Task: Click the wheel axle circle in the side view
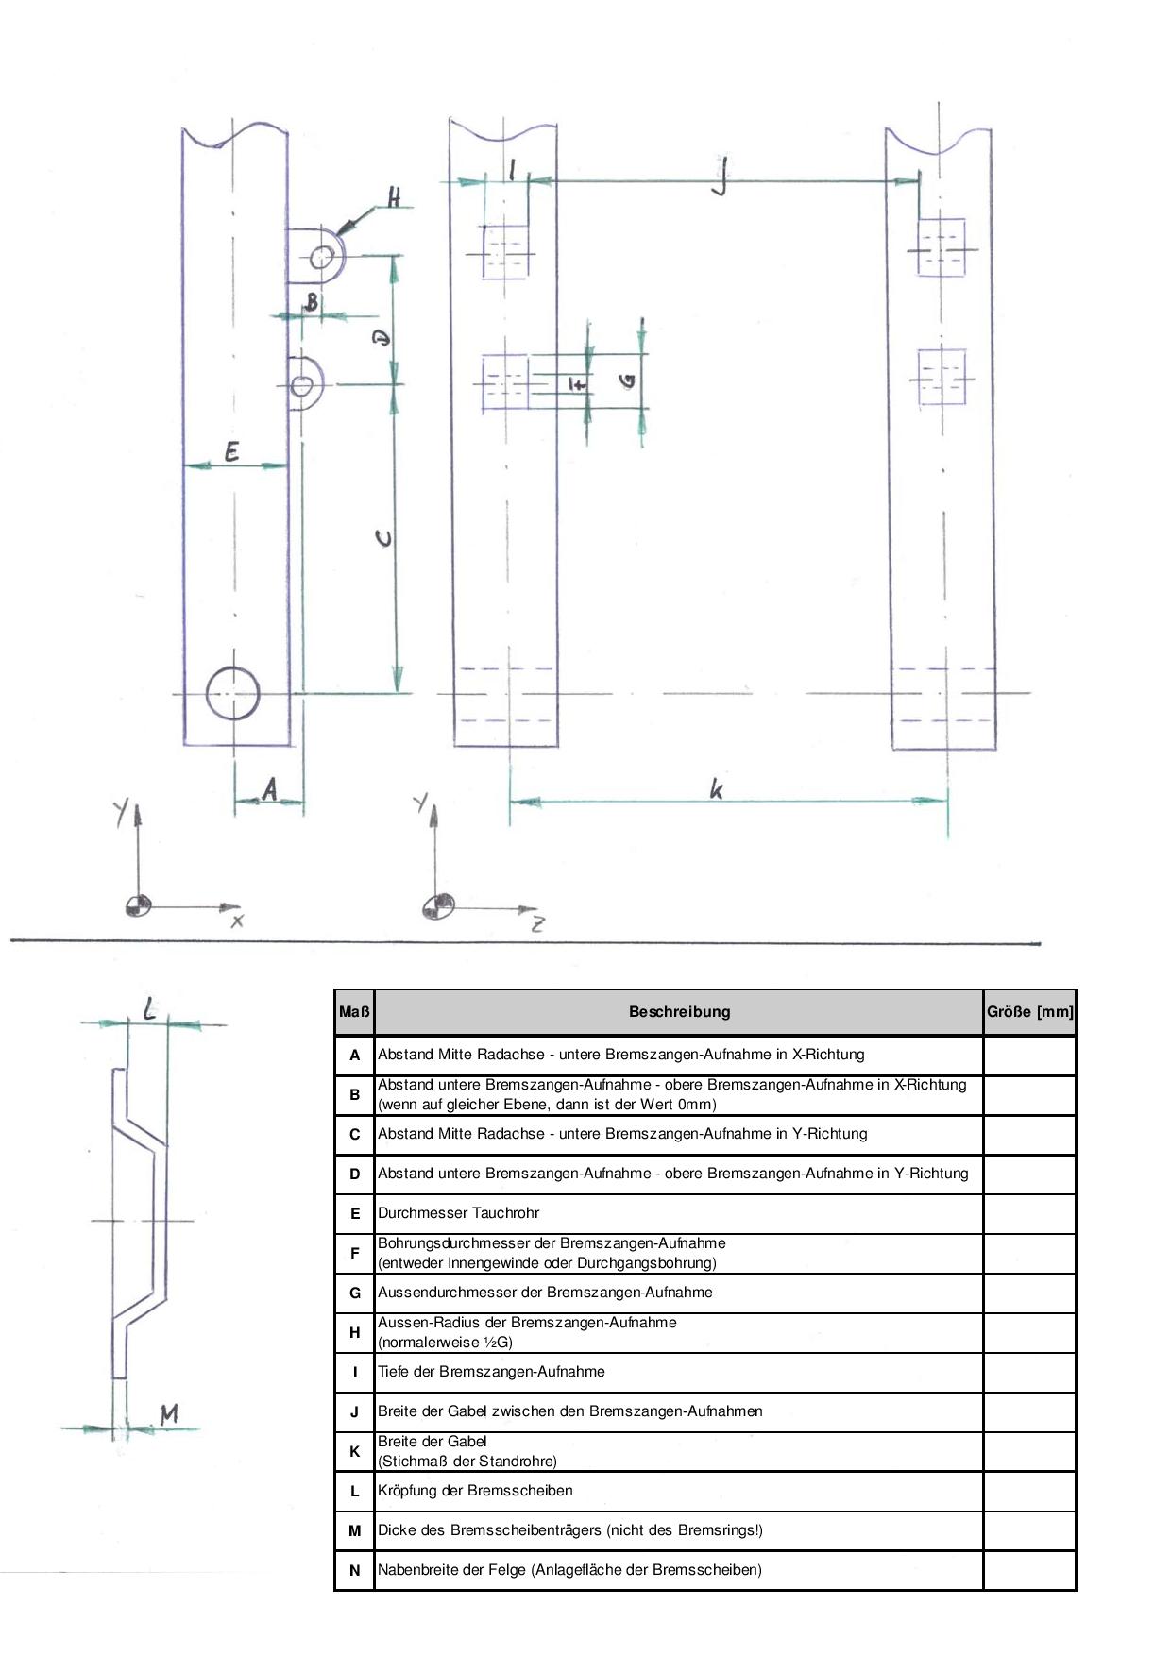[232, 667]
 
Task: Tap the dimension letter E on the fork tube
[231, 452]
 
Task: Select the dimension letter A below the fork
[270, 788]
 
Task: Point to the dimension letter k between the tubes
[717, 788]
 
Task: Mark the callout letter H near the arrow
[394, 197]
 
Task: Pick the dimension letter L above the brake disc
[150, 1009]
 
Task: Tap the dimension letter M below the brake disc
[169, 1414]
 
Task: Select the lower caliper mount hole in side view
[302, 385]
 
